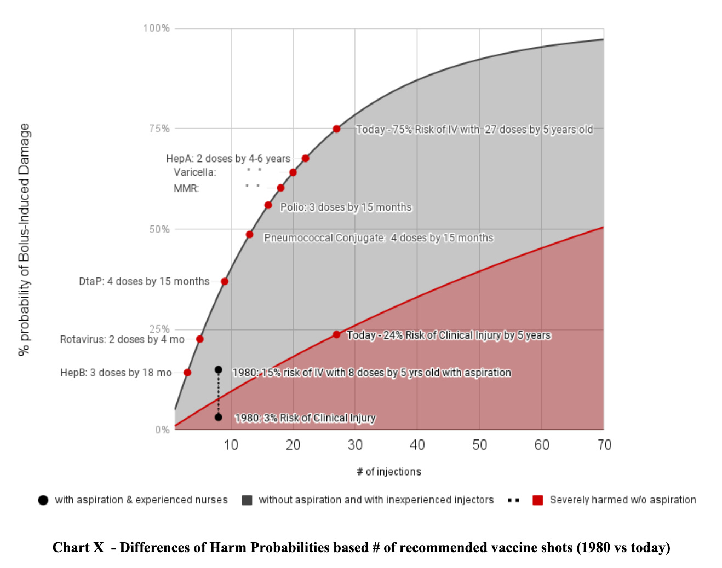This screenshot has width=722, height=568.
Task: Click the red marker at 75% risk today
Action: point(336,129)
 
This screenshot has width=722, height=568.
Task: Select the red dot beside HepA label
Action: point(305,159)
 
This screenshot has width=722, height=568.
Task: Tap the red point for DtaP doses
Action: point(225,281)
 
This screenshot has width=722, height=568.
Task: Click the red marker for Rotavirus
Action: point(199,339)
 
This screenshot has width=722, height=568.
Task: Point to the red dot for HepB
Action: point(187,373)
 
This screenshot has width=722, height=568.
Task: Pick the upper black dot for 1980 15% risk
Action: point(218,370)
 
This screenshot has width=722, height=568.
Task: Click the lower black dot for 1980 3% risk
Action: point(218,417)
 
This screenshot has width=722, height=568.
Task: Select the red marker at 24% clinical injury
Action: point(336,334)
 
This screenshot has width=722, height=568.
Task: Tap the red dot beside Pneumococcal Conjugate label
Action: point(249,235)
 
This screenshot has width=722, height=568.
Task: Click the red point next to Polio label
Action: point(268,205)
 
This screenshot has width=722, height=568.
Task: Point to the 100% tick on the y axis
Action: point(156,28)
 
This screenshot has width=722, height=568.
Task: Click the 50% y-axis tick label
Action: point(159,229)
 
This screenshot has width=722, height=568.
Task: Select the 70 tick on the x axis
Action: point(604,445)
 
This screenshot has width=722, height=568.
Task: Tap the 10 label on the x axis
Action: point(231,445)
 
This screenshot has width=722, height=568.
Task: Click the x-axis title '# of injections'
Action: point(389,472)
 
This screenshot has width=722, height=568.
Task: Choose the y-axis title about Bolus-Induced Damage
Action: point(24,240)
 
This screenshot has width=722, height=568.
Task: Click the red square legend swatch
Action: point(538,500)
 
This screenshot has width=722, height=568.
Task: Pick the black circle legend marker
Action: point(43,500)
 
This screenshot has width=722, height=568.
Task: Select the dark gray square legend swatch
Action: point(247,500)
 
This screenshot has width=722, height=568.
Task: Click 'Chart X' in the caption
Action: point(78,548)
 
